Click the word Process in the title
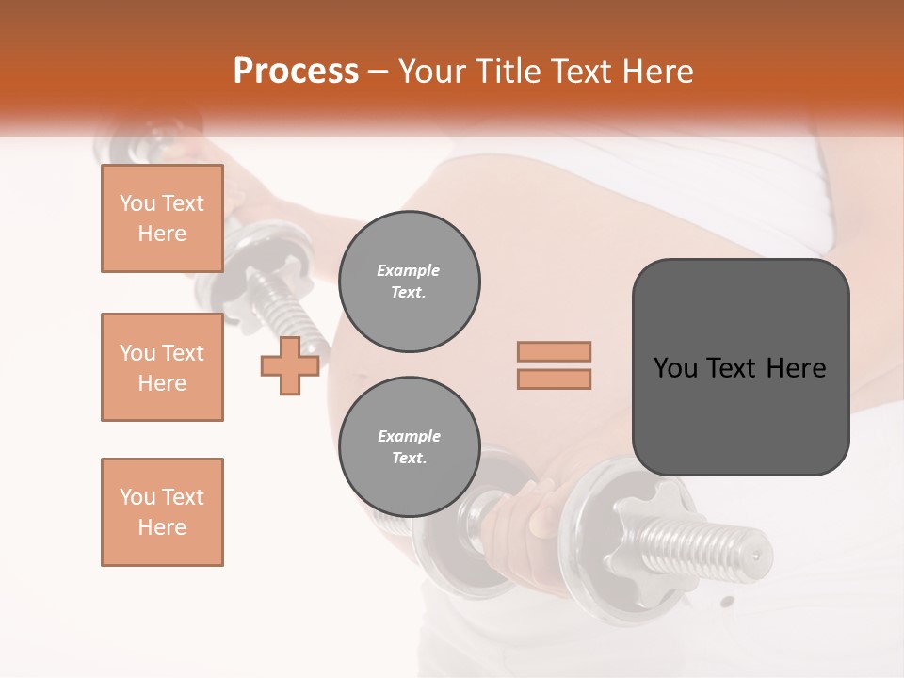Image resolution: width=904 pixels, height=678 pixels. (296, 72)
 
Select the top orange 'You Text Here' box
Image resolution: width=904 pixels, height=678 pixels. (162, 218)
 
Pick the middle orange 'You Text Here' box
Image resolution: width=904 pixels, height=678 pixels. (162, 367)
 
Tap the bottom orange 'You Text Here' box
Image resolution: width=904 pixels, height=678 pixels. (162, 512)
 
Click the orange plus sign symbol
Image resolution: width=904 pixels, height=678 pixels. (289, 366)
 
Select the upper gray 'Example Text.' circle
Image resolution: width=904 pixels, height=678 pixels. (410, 282)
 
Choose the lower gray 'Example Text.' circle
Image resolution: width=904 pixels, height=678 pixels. (410, 447)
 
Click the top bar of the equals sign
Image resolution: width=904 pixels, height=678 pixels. (554, 351)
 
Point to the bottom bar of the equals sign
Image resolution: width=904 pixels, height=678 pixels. (554, 379)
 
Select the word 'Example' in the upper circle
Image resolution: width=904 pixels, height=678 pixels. (408, 270)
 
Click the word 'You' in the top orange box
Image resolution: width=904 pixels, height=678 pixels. (137, 203)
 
